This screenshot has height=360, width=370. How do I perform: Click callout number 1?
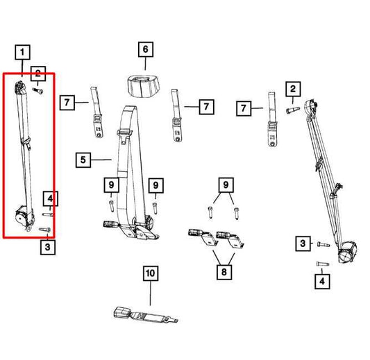tap(24, 52)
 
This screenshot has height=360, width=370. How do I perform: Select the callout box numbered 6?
tap(145, 49)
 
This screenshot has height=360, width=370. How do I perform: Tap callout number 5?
tap(83, 160)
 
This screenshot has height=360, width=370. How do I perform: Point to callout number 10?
tap(151, 273)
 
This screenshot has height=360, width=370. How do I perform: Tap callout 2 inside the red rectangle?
tap(37, 76)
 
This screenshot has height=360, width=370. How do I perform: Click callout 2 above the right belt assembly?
tap(294, 88)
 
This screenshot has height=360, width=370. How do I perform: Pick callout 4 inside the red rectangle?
tap(49, 200)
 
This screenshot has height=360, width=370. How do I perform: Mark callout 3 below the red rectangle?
tap(47, 246)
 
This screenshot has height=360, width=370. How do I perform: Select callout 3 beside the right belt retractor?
tap(303, 243)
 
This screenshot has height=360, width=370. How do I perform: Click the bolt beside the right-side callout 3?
tap(321, 244)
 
